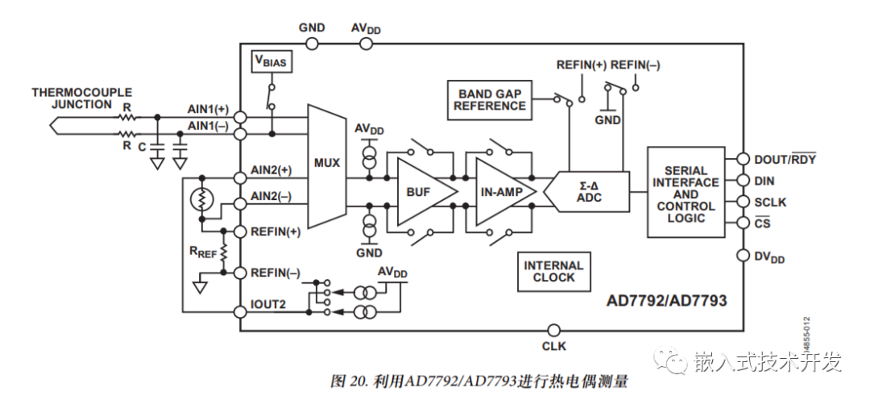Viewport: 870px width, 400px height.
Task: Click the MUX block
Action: point(326,163)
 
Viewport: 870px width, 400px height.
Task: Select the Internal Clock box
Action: point(553,271)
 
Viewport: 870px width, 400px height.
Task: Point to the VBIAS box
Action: point(271,61)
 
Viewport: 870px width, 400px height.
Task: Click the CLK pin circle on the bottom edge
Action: point(553,330)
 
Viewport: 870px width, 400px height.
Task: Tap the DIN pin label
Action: point(765,181)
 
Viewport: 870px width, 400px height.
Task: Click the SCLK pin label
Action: point(770,202)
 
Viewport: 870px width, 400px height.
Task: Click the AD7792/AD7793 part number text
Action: point(666,301)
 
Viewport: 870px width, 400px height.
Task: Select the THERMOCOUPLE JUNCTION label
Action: point(81,98)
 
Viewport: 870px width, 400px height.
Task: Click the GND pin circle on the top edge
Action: point(312,44)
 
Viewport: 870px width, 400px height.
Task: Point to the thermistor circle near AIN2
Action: point(201,199)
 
